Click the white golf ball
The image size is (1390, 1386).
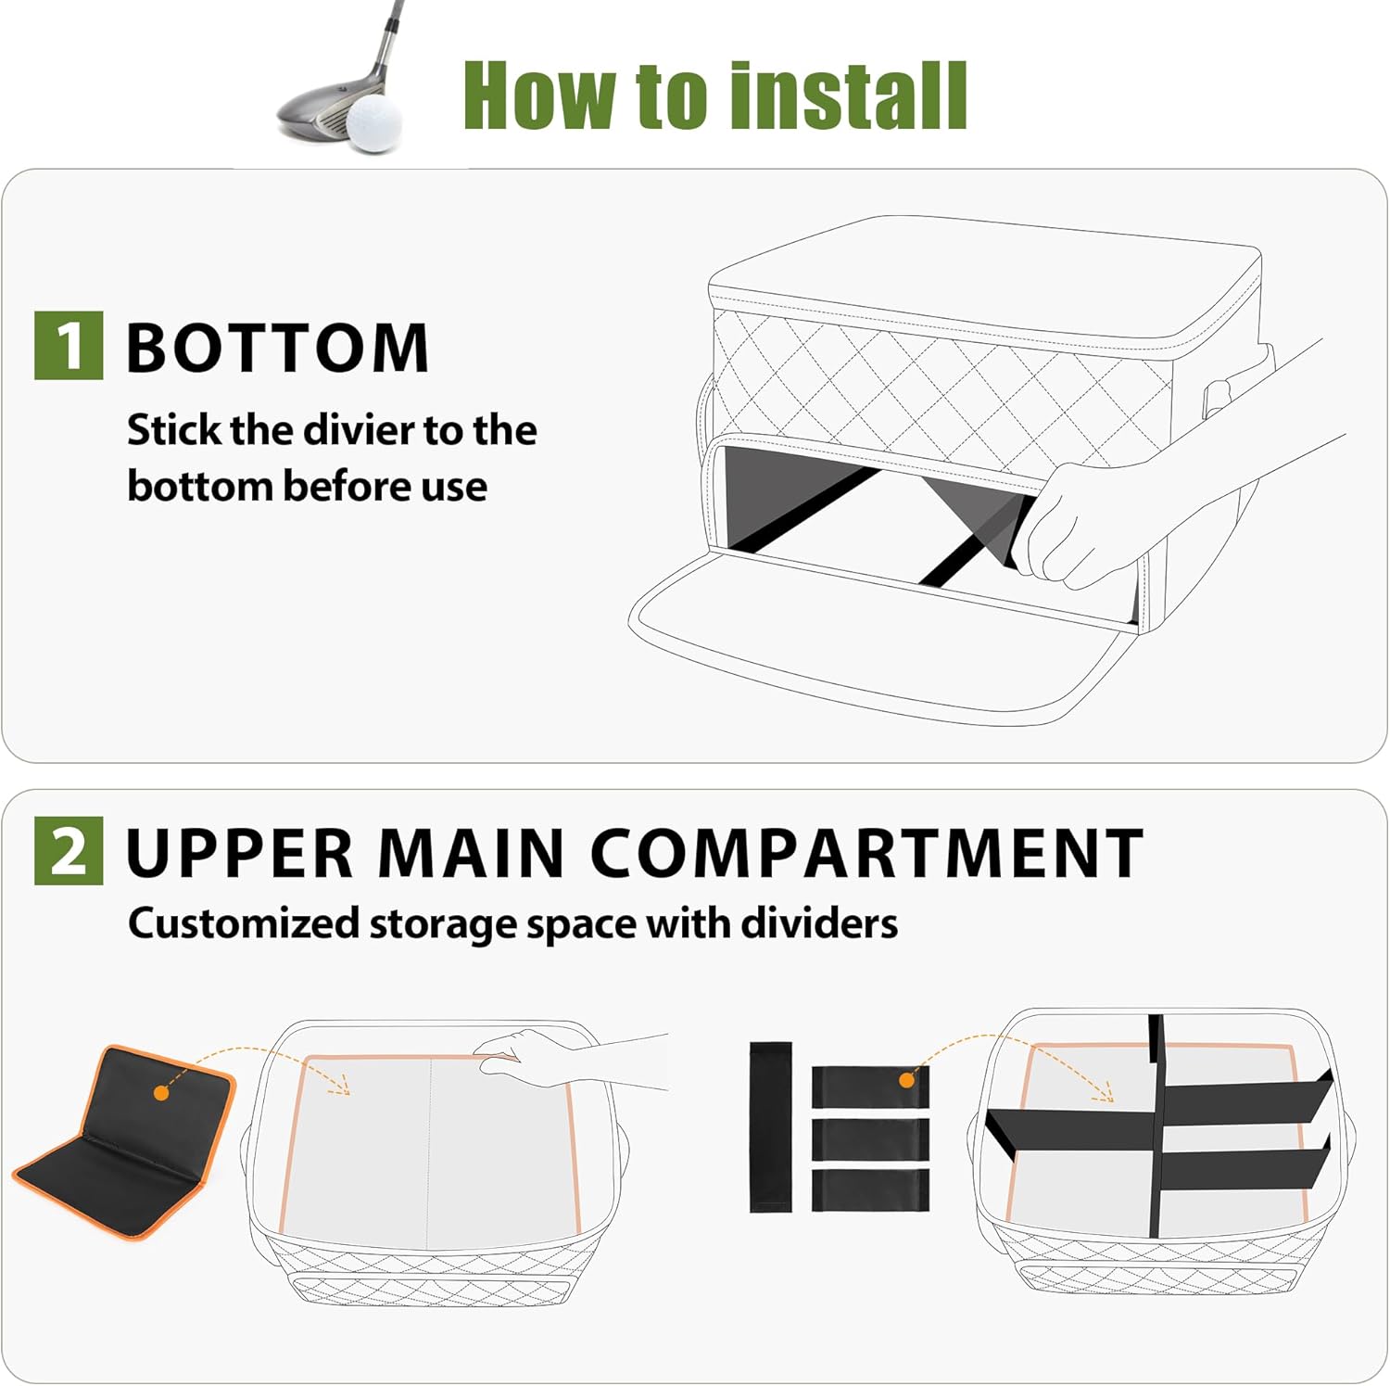374,123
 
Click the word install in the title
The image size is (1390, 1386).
848,95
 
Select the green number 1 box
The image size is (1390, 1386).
68,345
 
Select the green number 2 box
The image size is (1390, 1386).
68,850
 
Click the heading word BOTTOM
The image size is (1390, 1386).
277,349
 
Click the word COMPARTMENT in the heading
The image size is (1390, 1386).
866,853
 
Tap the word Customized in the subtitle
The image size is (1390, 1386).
244,924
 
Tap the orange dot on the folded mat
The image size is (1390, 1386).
161,1094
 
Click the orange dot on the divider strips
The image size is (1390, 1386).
907,1080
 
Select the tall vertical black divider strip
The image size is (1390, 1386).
770,1126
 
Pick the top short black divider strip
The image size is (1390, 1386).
869,1087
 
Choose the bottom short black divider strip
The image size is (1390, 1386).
869,1189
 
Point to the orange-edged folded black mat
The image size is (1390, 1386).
125,1140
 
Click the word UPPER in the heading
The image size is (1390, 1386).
240,853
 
